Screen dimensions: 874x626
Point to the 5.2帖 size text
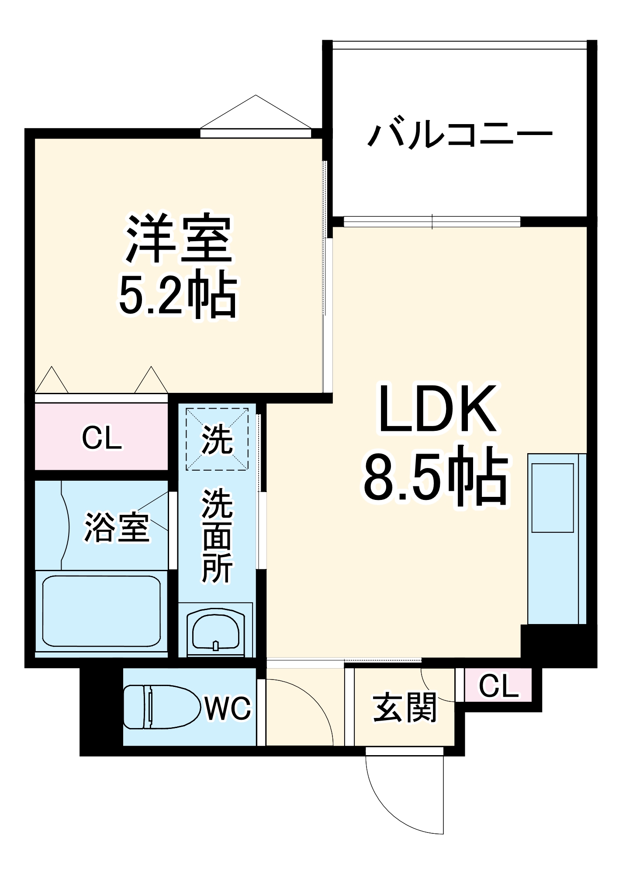[x=178, y=294]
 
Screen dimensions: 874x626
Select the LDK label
[x=437, y=409]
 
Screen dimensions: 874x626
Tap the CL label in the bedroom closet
[x=102, y=438]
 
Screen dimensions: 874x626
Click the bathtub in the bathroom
[x=101, y=610]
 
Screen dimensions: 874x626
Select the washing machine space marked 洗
[x=217, y=439]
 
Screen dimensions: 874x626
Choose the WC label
[x=228, y=708]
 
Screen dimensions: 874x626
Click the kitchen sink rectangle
[x=553, y=498]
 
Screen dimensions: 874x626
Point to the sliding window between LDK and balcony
[x=432, y=222]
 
